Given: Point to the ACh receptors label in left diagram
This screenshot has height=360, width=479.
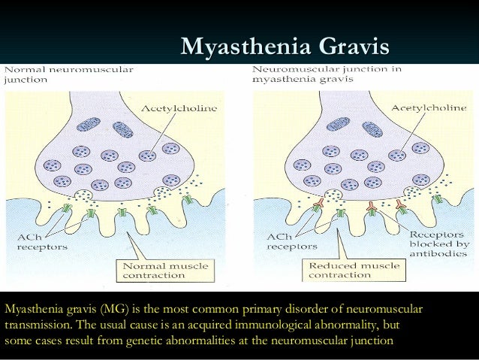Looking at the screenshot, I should click(41, 241).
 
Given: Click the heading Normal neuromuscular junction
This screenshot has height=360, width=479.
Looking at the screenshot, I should click(69, 74).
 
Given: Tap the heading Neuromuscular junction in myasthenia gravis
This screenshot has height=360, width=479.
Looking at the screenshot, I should click(327, 74).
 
